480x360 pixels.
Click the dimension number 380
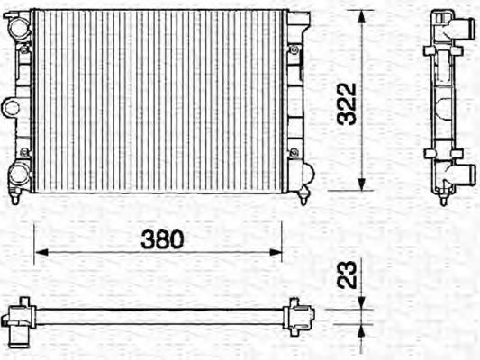[162, 239]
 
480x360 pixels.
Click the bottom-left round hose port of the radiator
[19, 174]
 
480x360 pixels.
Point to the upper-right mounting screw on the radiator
[294, 50]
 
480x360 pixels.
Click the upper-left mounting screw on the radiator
[24, 50]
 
